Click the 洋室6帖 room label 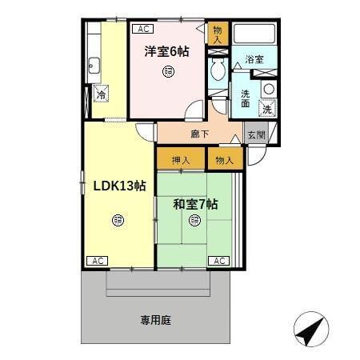[166, 52]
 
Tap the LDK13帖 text [118, 186]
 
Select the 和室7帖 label [195, 203]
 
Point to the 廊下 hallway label [200, 134]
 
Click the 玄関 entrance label [255, 135]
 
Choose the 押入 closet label [181, 160]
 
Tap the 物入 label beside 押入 [224, 160]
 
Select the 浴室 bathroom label [254, 60]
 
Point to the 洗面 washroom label [245, 98]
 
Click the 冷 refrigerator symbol [102, 95]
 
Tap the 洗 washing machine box [267, 107]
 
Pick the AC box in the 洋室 [143, 29]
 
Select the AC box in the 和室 [219, 261]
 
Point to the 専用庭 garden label [156, 320]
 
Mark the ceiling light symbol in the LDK [118, 218]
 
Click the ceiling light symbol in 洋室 [166, 73]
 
